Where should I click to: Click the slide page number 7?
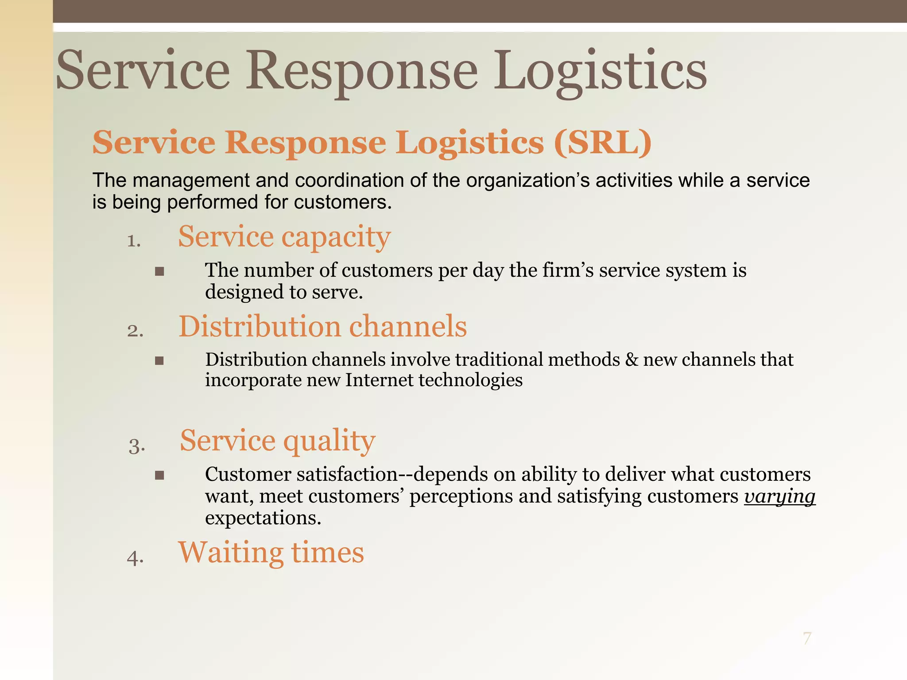(x=807, y=638)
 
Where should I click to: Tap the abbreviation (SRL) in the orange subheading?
(x=603, y=143)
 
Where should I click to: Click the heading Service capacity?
(x=284, y=236)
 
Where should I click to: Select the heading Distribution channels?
(x=322, y=326)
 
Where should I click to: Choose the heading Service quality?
(x=277, y=440)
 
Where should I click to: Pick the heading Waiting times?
(x=271, y=552)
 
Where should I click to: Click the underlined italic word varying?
(x=779, y=496)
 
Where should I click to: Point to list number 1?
(x=134, y=241)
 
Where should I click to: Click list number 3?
(x=137, y=446)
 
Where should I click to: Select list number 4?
(x=135, y=558)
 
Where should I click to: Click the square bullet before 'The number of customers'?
(x=159, y=271)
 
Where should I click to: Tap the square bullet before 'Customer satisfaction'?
(x=159, y=475)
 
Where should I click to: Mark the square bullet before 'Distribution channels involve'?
(x=159, y=361)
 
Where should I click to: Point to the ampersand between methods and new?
(x=632, y=359)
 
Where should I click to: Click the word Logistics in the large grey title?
(x=600, y=71)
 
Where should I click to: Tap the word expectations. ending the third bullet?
(x=263, y=518)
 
